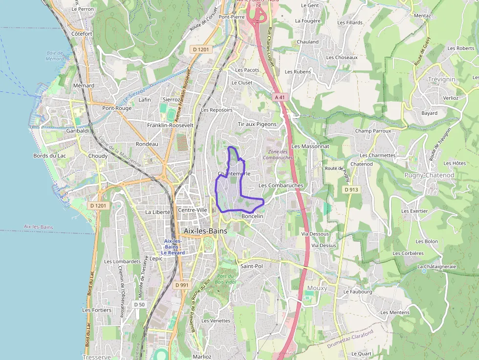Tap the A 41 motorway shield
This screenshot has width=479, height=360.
pyautogui.click(x=280, y=97)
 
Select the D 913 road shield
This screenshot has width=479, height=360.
pyautogui.click(x=351, y=190)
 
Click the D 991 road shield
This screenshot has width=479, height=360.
pyautogui.click(x=181, y=285)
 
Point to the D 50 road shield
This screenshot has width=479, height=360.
pyautogui.click(x=139, y=304)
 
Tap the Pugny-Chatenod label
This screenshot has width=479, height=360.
pyautogui.click(x=429, y=175)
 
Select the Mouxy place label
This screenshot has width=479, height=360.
pyautogui.click(x=317, y=288)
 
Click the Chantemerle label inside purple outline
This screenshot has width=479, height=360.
pyautogui.click(x=234, y=174)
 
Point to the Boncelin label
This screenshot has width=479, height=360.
pyautogui.click(x=252, y=216)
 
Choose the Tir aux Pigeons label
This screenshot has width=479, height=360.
pyautogui.click(x=257, y=124)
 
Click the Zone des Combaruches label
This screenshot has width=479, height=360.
pyautogui.click(x=278, y=155)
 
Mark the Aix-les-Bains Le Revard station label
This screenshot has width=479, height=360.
pyautogui.click(x=173, y=247)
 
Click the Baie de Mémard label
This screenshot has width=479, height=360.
pyautogui.click(x=55, y=56)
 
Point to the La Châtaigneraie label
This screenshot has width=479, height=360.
pyautogui.click(x=436, y=266)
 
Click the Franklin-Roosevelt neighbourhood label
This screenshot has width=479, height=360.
pyautogui.click(x=170, y=125)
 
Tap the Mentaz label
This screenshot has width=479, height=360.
pyautogui.click(x=422, y=16)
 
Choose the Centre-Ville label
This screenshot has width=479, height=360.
pyautogui.click(x=193, y=210)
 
